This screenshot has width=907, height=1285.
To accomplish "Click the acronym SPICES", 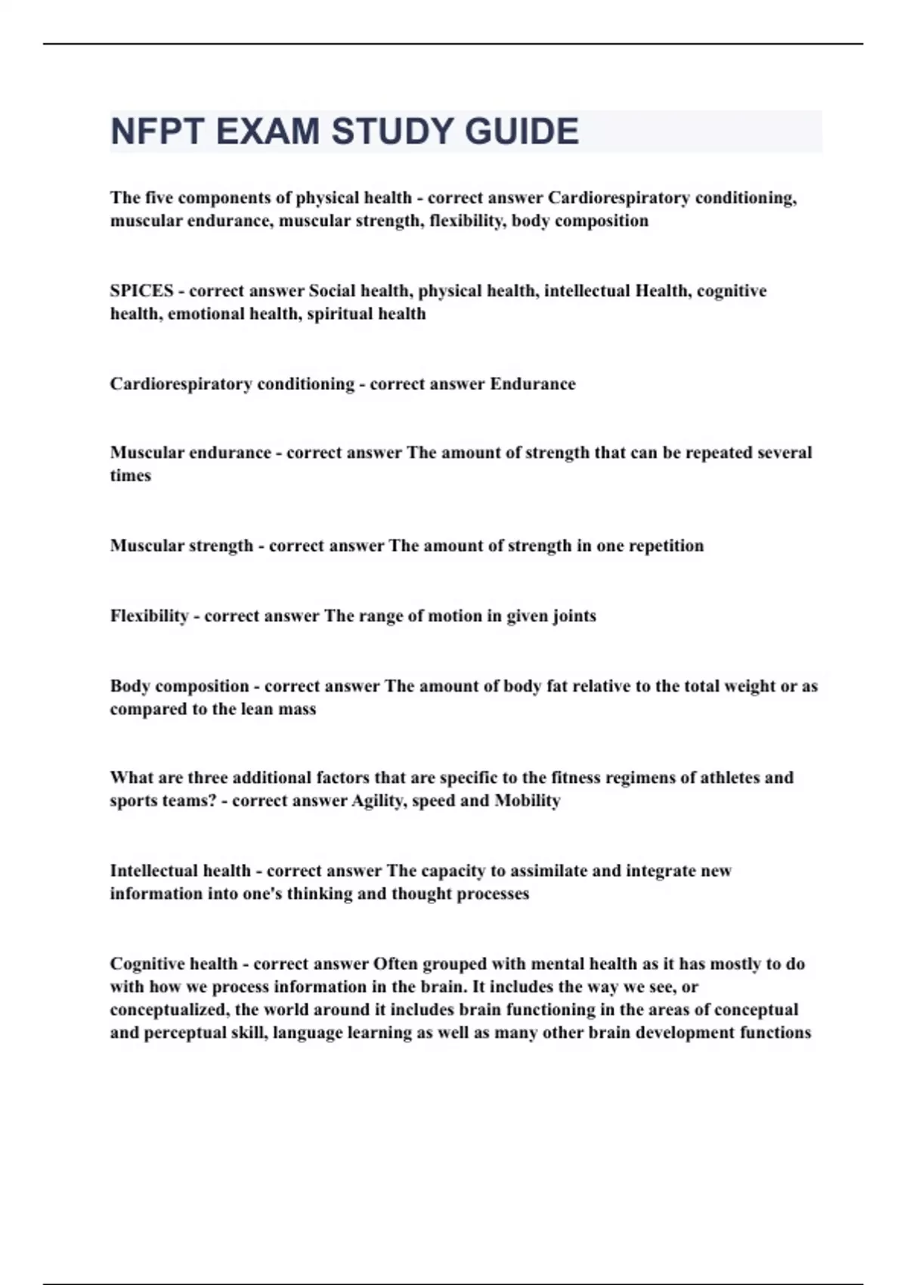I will coord(141,291).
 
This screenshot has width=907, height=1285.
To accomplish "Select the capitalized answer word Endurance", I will coord(533,384).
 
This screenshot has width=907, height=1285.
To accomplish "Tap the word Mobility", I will coord(528,800).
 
